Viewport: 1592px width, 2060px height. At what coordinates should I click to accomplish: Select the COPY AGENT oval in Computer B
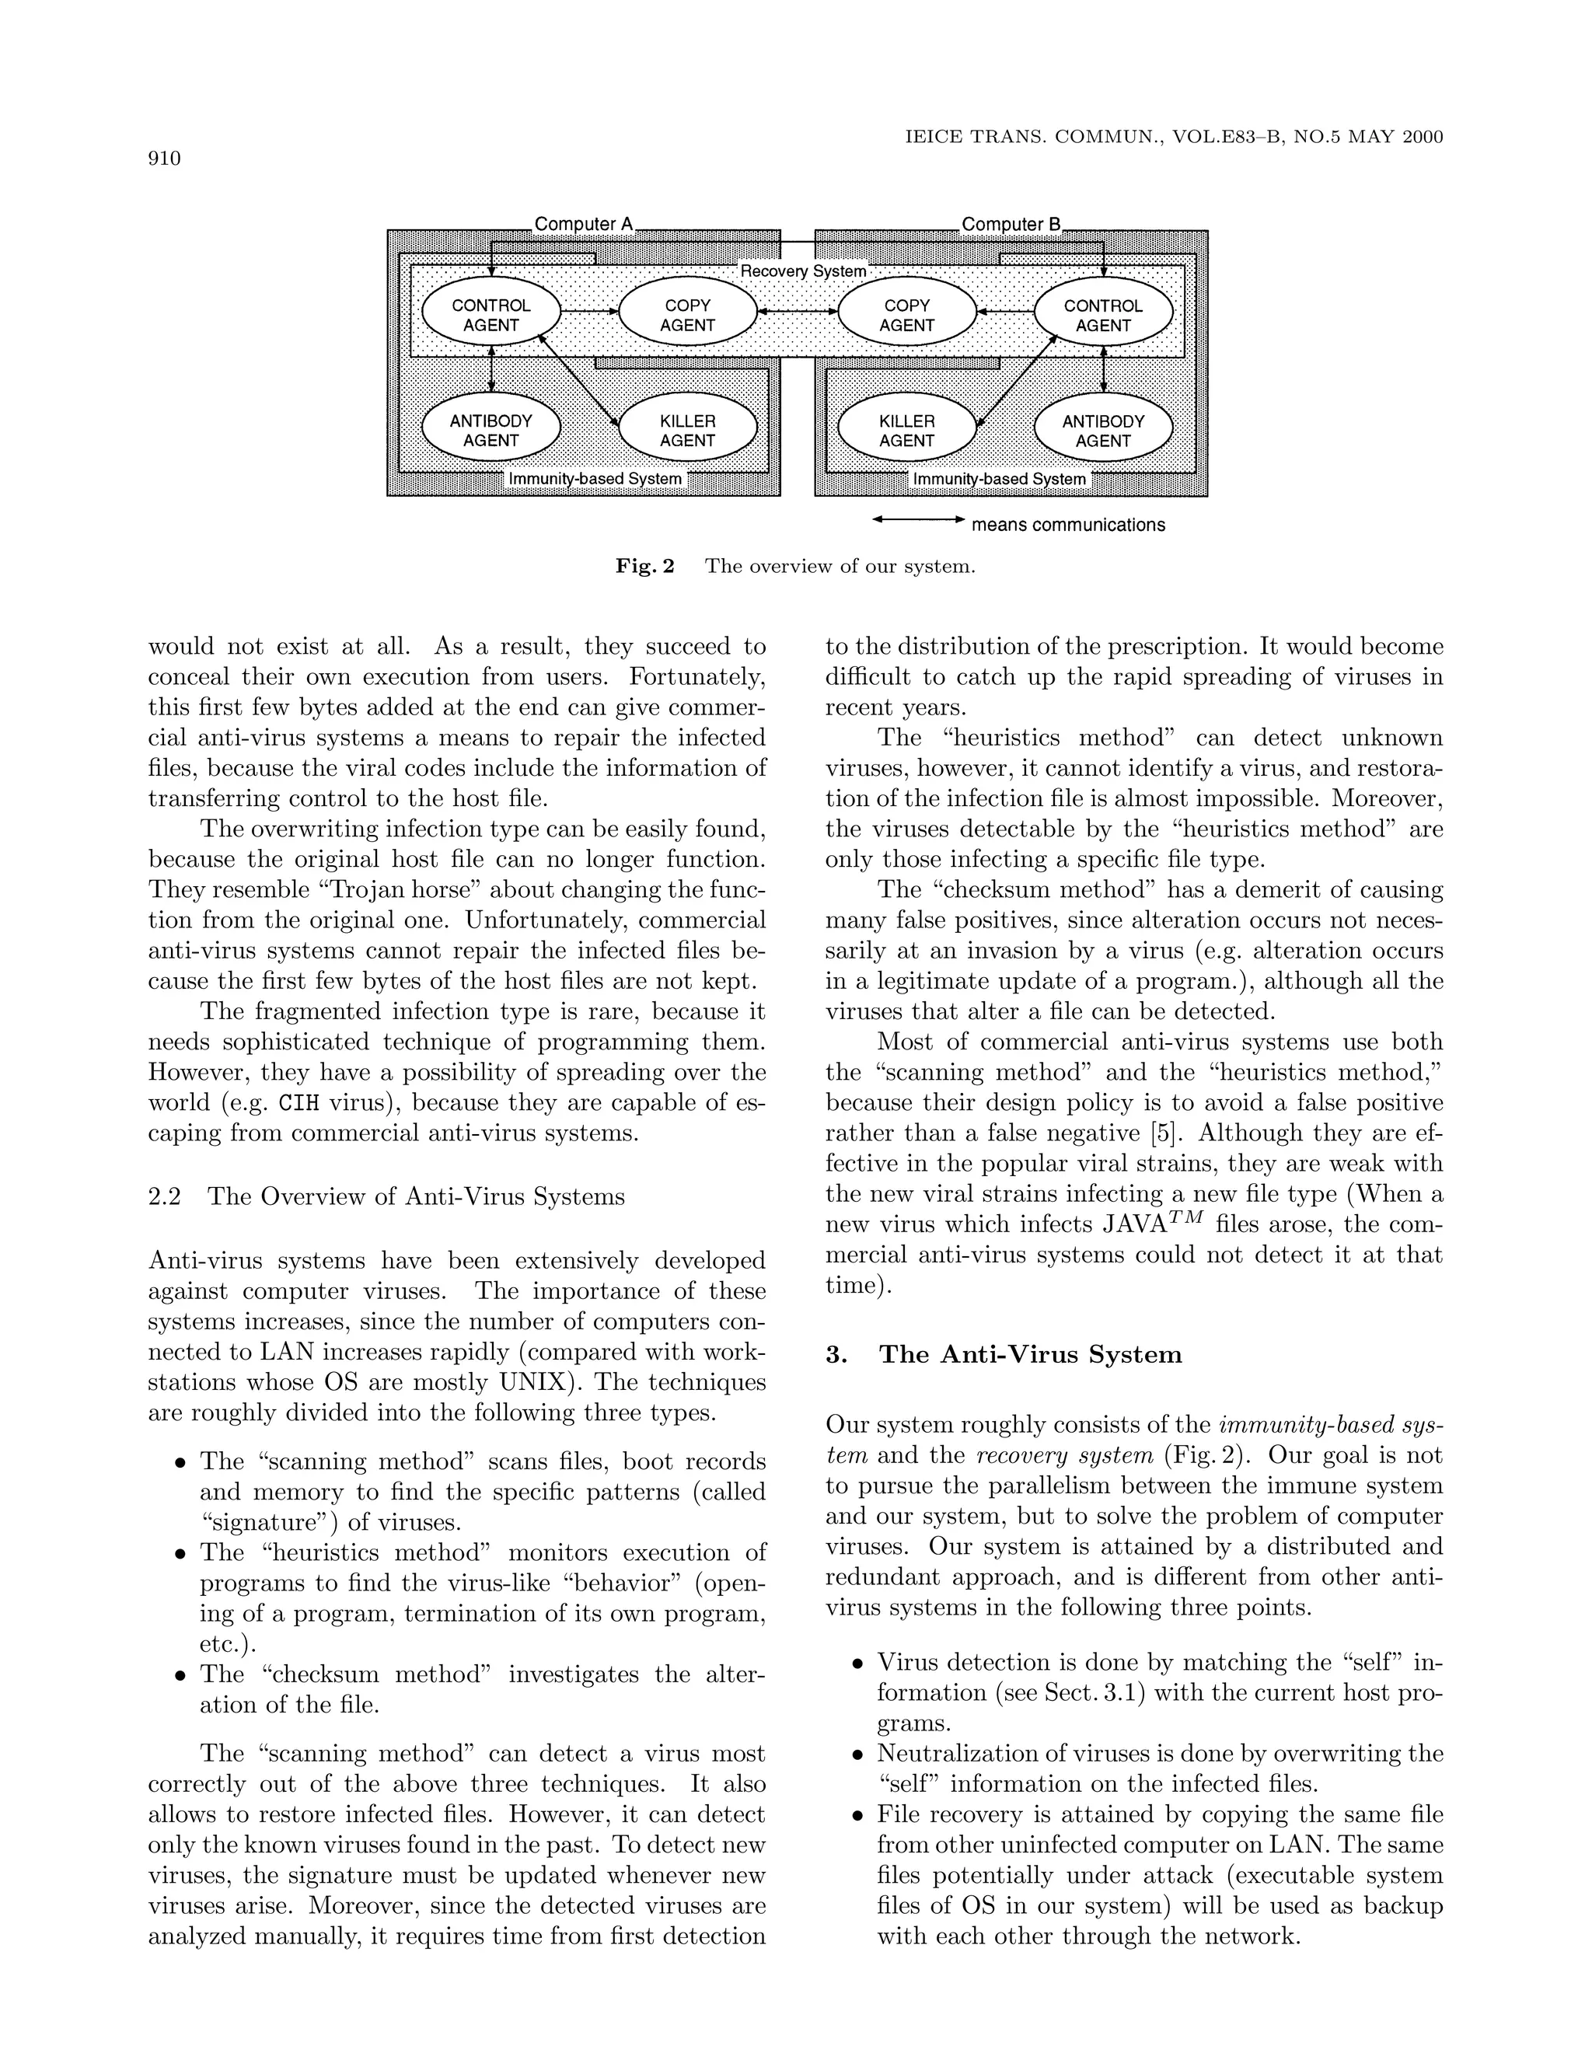point(906,315)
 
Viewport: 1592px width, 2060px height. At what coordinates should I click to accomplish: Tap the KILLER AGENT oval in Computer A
point(687,430)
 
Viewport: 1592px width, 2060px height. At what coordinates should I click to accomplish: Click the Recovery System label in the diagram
point(802,271)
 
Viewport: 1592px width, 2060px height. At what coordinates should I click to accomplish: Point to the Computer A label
point(583,225)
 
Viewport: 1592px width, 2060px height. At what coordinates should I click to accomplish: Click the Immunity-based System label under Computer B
point(999,479)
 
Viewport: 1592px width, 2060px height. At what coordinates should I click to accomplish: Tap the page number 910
point(164,159)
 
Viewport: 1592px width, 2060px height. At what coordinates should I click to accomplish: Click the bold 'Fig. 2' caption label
point(645,567)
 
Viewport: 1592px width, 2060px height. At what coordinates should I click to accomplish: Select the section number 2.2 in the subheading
point(164,1197)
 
